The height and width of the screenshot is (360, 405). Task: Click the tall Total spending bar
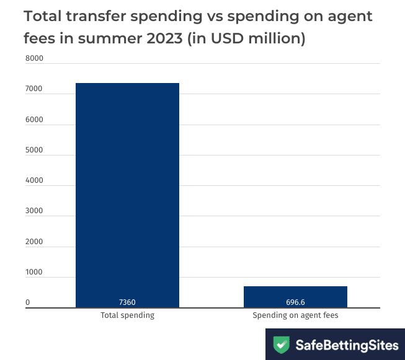coord(127,195)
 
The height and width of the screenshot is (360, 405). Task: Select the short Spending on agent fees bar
coord(295,297)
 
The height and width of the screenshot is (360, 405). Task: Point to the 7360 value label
coord(127,302)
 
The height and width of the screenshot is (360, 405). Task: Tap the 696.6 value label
coord(295,302)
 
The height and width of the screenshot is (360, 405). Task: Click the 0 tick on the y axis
coord(27,303)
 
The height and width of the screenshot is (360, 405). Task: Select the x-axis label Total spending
coord(127,315)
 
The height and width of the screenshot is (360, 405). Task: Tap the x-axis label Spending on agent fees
coord(295,315)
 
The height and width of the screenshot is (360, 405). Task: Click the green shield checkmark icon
coord(282,345)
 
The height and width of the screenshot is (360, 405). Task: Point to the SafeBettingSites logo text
coord(346,345)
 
